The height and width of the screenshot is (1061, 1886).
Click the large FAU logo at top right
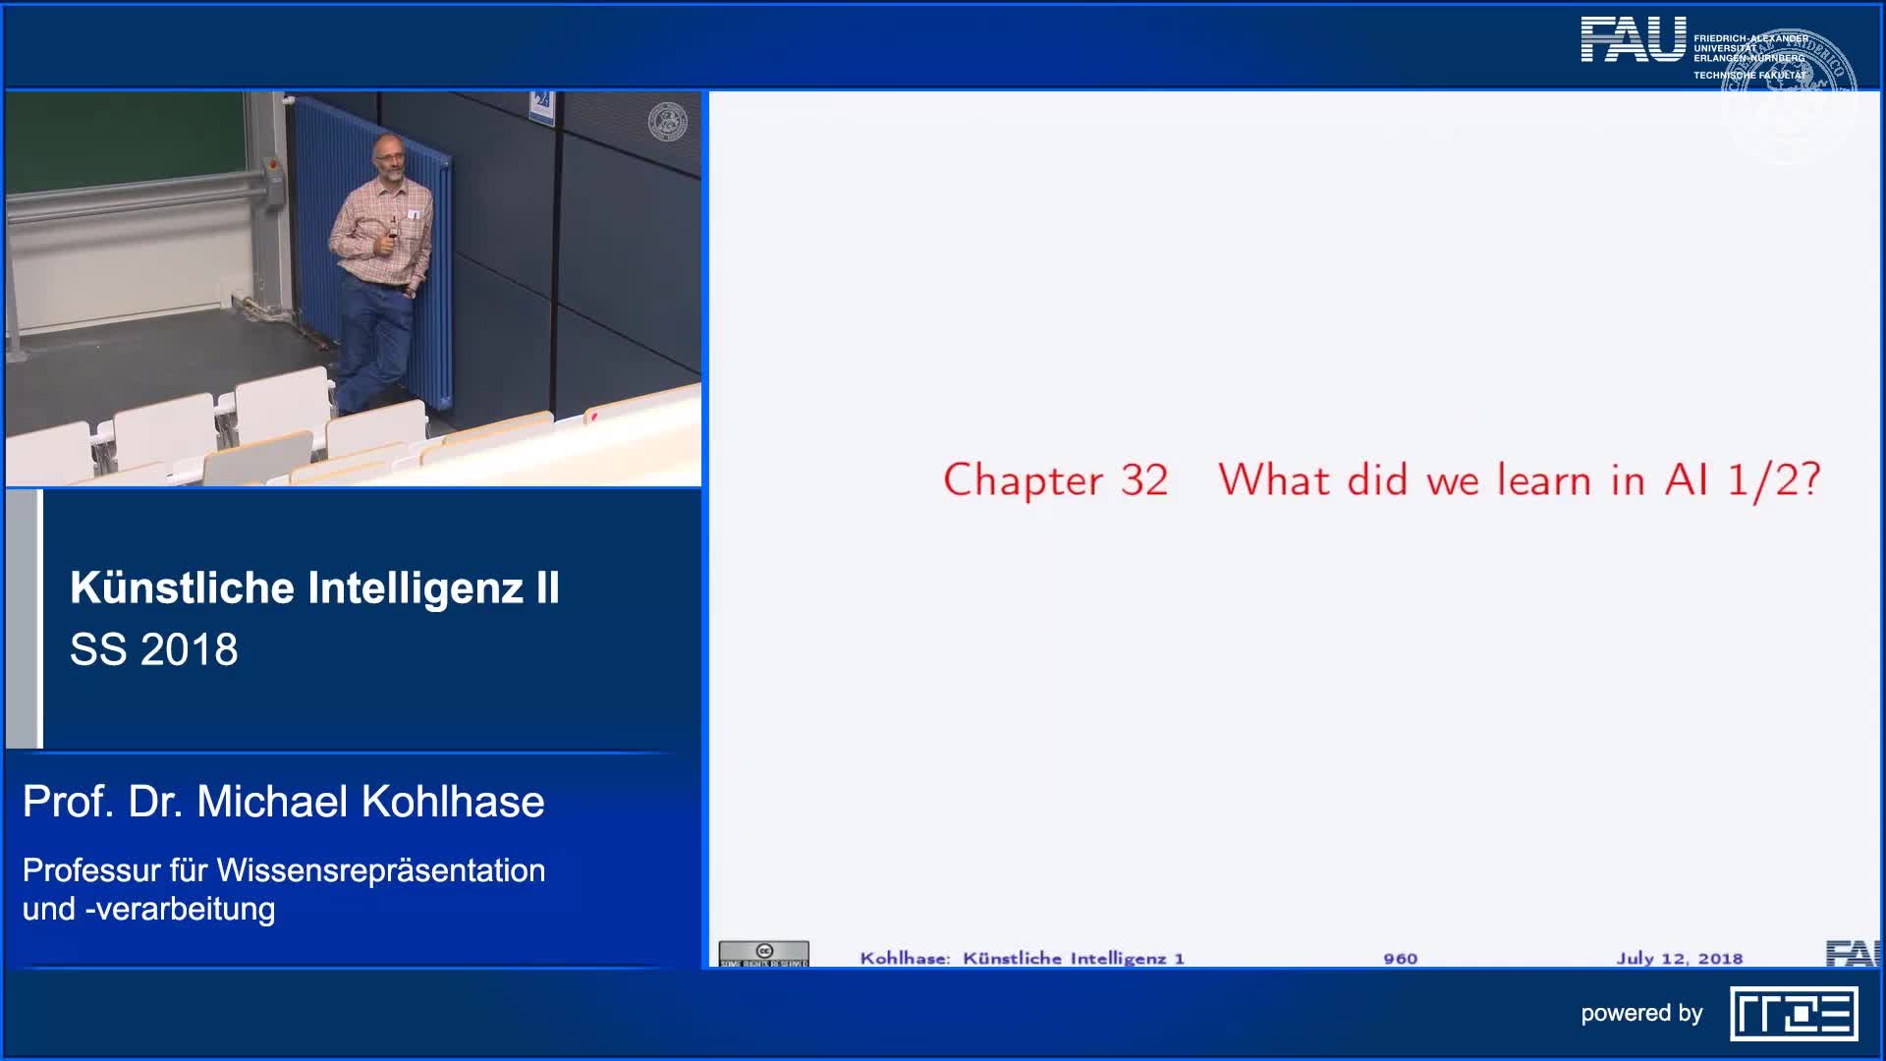[x=1633, y=40]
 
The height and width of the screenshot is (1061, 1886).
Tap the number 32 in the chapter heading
[x=1144, y=480]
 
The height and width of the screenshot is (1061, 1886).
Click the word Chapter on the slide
[x=1023, y=480]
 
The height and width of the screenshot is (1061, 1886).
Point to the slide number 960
[x=1400, y=958]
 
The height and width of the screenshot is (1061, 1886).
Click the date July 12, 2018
[x=1679, y=958]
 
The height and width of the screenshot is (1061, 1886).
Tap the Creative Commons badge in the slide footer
[x=763, y=953]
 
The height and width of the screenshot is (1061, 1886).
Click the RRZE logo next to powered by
[x=1794, y=1015]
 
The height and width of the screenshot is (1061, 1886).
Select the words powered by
[x=1640, y=1013]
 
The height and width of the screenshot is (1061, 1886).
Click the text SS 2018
[x=154, y=649]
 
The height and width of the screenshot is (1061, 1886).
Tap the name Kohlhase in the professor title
[x=453, y=802]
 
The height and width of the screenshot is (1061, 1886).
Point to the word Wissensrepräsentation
[x=381, y=870]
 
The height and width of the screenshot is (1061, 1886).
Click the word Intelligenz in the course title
[x=416, y=587]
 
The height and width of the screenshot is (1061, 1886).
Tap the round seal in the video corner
[x=668, y=122]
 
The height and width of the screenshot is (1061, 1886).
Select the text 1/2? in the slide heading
[x=1774, y=480]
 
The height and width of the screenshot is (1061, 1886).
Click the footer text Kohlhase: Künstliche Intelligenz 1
[x=1022, y=958]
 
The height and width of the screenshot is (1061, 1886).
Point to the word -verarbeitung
[x=180, y=909]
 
